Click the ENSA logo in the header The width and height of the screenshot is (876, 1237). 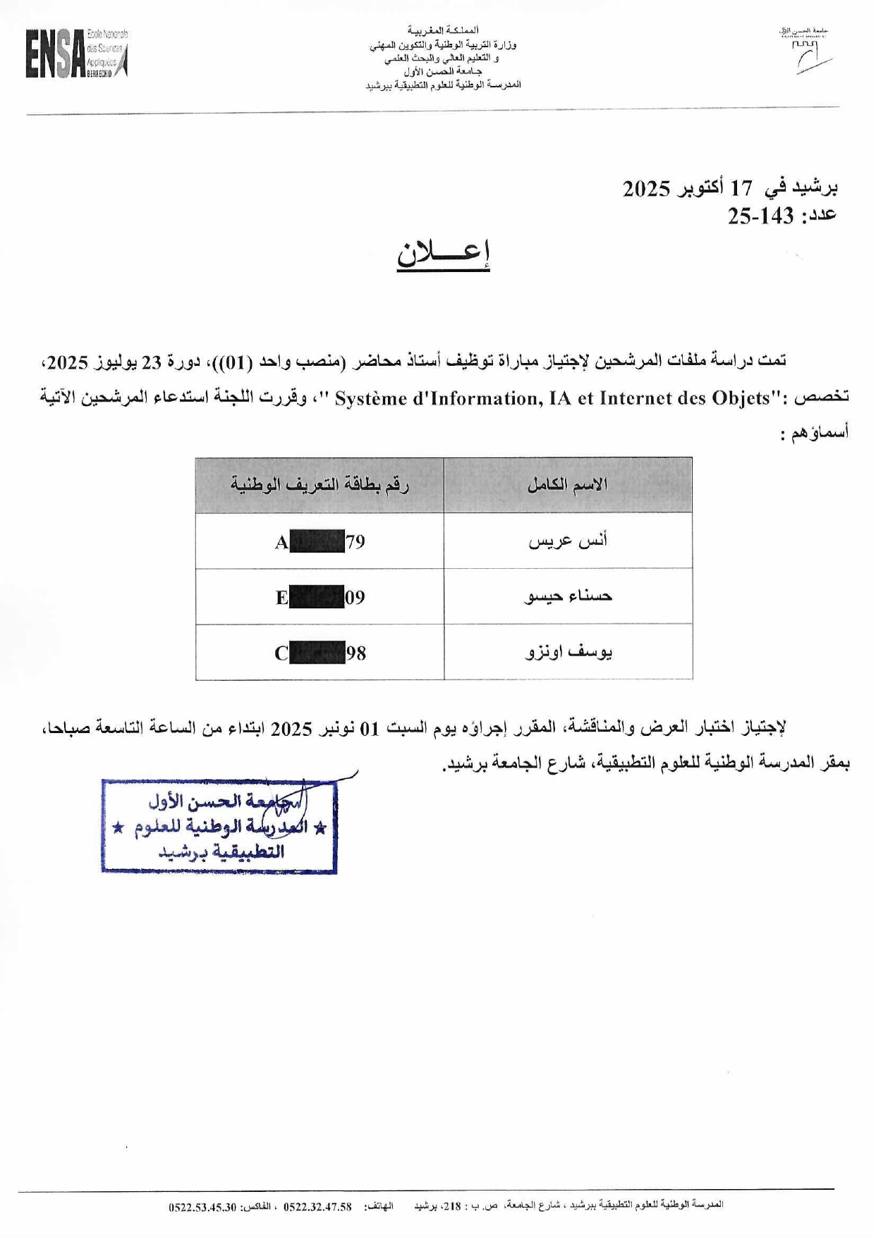[x=76, y=54]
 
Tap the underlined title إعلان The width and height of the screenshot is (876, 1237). [x=443, y=254]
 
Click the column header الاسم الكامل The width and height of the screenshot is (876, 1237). [x=568, y=485]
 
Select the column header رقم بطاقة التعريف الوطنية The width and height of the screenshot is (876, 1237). [x=320, y=485]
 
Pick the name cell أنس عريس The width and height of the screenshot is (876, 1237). [x=568, y=541]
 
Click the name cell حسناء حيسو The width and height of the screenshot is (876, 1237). [x=568, y=596]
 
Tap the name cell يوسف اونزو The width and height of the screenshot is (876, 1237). [x=568, y=652]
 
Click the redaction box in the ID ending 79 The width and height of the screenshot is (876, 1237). [x=317, y=541]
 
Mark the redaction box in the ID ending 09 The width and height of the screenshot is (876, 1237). [x=317, y=597]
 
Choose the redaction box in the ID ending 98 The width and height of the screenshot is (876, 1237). [x=317, y=653]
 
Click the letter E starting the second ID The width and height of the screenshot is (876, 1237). [x=281, y=598]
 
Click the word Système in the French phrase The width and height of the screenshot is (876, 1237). [x=370, y=399]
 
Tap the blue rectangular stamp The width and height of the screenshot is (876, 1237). [x=219, y=827]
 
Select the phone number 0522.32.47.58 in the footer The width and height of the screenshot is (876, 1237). [x=317, y=1207]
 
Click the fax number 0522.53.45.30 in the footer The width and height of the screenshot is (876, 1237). [x=202, y=1207]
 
